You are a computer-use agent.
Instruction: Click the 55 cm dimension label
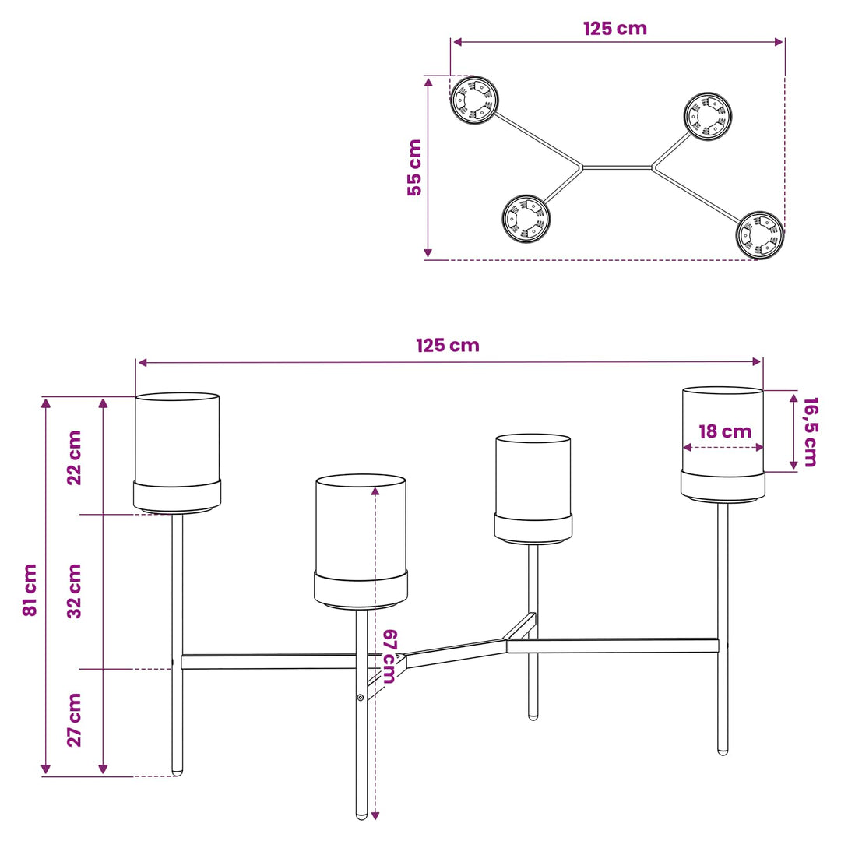[x=414, y=167]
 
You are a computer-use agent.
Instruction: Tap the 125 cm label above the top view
[x=615, y=29]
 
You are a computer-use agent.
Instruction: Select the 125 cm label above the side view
[x=448, y=346]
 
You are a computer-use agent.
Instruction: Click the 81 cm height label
[x=30, y=589]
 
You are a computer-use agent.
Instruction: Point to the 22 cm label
[x=74, y=458]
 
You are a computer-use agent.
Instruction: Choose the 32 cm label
[x=74, y=591]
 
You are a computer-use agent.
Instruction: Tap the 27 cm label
[x=74, y=720]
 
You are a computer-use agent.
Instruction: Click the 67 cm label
[x=390, y=656]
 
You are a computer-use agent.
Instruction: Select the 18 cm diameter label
[x=725, y=431]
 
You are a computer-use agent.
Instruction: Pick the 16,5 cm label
[x=811, y=431]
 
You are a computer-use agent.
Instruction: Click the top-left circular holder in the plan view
[x=474, y=100]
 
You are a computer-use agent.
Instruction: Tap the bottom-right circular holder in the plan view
[x=760, y=235]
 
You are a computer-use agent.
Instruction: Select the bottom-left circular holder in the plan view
[x=526, y=218]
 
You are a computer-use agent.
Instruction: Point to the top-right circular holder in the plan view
[x=708, y=116]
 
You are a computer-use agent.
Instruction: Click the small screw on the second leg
[x=361, y=697]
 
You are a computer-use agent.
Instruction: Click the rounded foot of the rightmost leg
[x=723, y=751]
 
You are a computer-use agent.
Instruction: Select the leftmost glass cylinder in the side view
[x=177, y=440]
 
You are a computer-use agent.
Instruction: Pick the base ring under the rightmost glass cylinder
[x=723, y=487]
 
